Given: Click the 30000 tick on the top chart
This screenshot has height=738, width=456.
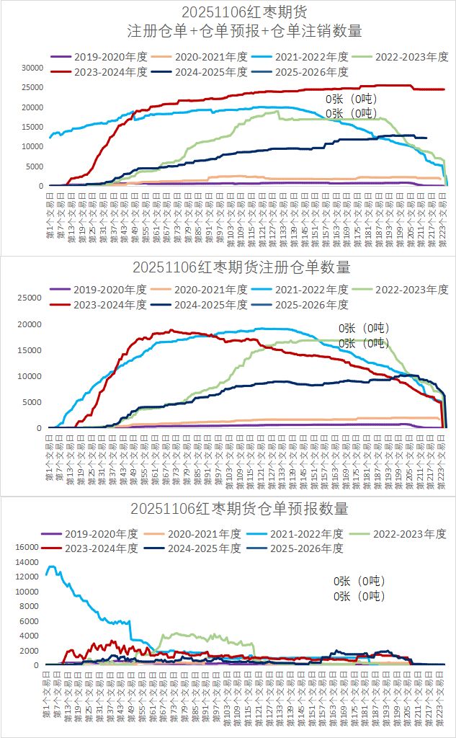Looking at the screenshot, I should tap(32, 68).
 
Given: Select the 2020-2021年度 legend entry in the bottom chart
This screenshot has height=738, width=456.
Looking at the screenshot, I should tap(205, 534).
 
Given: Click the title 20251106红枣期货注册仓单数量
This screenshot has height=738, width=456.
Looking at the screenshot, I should tap(241, 267).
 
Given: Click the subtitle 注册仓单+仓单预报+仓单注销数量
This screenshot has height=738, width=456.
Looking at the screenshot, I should tap(244, 31).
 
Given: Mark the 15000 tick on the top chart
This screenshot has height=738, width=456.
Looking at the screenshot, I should tap(32, 127).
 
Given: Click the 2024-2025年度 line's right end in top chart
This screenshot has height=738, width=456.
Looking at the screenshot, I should tap(426, 138).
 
